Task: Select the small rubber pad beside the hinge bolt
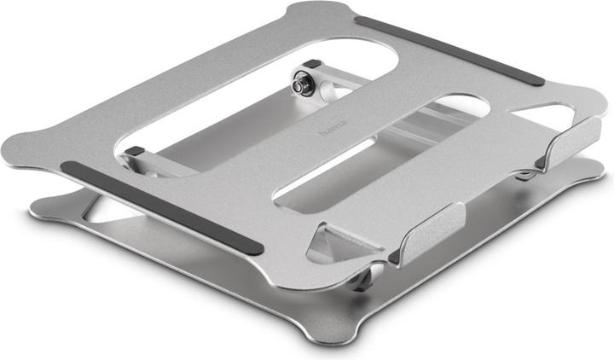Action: tap(311, 64)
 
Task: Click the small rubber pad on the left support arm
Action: tap(135, 151)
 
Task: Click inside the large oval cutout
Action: tap(256, 94)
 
